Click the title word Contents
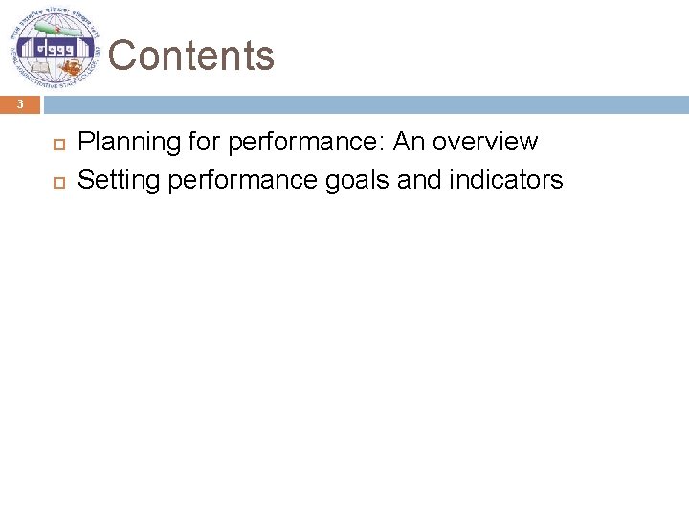[x=191, y=56]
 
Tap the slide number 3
[x=19, y=104]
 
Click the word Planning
[x=116, y=143]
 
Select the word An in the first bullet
[x=408, y=142]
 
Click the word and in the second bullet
[x=417, y=179]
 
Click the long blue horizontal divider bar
[x=364, y=104]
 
